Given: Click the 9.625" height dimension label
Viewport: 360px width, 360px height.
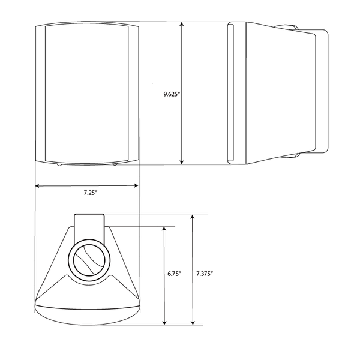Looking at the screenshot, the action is [x=171, y=94].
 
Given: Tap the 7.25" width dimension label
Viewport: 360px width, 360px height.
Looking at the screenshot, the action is [x=91, y=193].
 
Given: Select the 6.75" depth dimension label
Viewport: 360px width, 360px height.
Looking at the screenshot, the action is [x=174, y=274].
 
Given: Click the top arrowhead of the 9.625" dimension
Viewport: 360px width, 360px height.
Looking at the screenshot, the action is [x=182, y=25].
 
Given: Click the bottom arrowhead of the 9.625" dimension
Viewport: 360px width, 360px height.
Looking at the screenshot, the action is [x=182, y=162].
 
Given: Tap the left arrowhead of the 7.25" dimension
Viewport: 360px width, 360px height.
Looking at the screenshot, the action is [x=38, y=186].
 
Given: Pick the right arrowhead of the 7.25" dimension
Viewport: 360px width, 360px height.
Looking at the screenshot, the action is [x=136, y=186].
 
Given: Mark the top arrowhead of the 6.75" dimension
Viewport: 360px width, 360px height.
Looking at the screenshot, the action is [x=164, y=229].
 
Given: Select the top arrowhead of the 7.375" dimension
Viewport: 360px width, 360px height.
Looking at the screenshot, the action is [x=193, y=217].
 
